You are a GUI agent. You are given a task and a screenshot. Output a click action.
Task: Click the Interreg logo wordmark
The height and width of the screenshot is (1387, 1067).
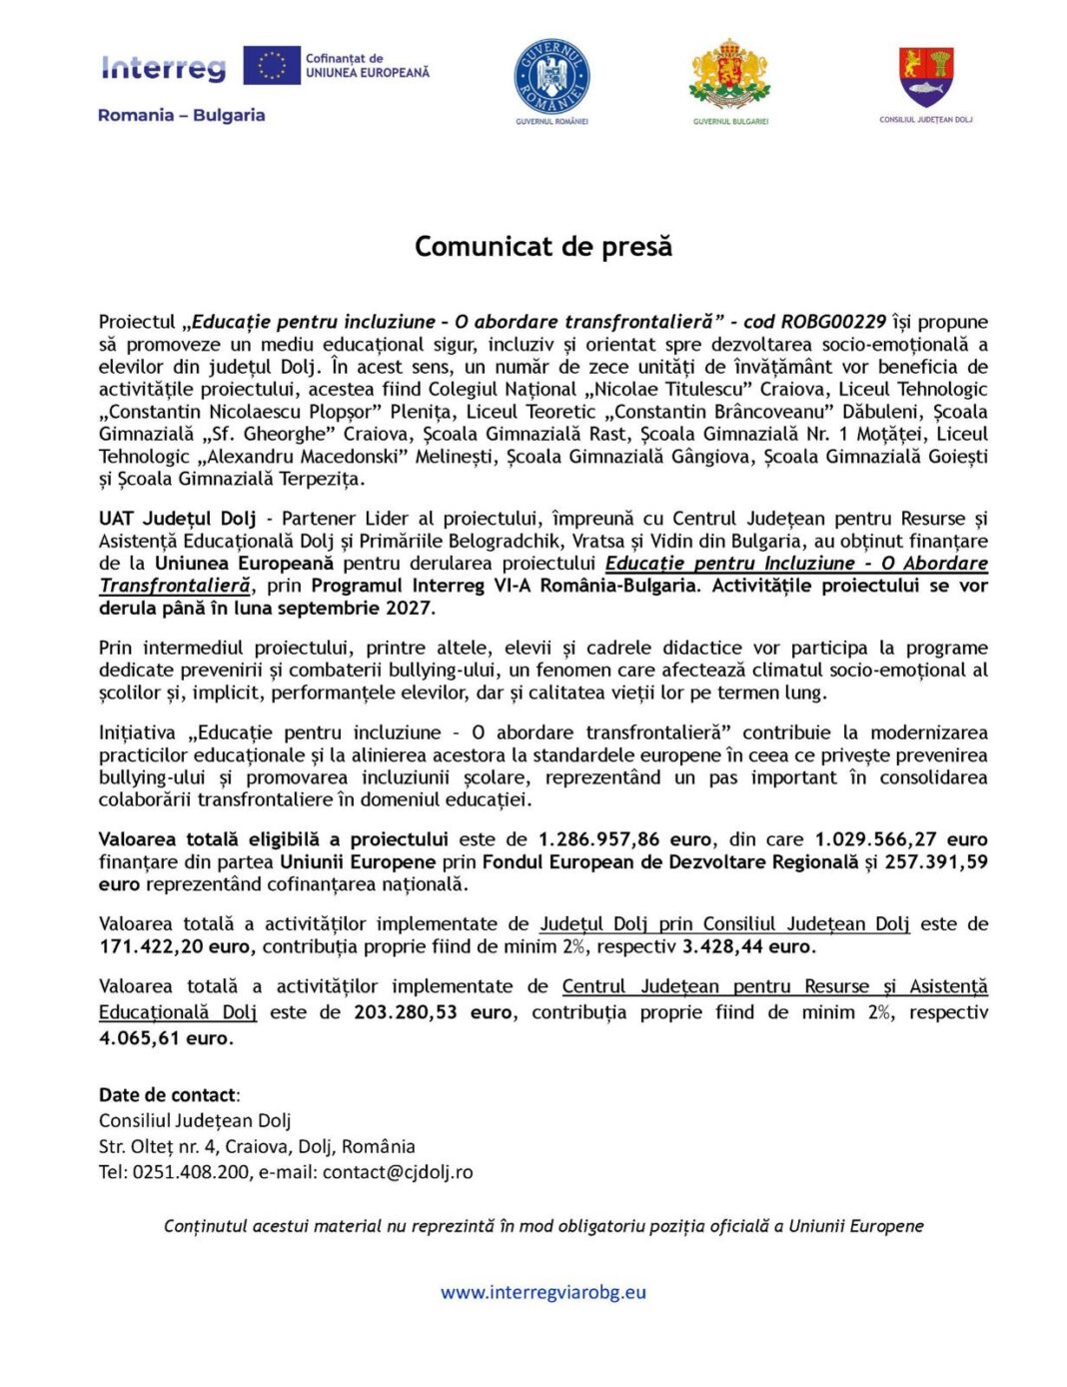[x=163, y=68]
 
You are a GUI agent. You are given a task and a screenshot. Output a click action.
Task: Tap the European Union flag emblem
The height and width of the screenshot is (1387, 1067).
[x=271, y=66]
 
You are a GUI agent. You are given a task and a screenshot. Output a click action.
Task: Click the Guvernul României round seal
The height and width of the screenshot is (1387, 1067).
[x=551, y=78]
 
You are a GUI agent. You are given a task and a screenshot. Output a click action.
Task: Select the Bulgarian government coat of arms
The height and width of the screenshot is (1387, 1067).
[x=730, y=76]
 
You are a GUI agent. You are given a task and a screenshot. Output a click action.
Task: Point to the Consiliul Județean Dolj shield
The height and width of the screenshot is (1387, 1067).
[x=925, y=77]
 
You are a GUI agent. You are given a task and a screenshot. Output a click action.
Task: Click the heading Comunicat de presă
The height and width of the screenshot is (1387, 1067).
[x=542, y=247]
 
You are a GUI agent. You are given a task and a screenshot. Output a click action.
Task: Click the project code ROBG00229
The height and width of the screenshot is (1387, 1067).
[x=833, y=322]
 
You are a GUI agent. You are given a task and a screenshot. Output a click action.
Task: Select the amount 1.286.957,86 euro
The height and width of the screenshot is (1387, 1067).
[x=624, y=839]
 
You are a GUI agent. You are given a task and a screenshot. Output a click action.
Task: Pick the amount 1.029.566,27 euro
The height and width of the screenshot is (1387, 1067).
[x=901, y=839]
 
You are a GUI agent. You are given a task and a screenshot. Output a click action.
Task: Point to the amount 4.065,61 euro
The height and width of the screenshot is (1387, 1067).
[x=166, y=1038]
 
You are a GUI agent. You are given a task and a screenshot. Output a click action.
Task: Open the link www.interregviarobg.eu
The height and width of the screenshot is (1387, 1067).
[x=542, y=1292]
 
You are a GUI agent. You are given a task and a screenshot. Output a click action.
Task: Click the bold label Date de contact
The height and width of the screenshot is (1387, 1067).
[x=168, y=1095]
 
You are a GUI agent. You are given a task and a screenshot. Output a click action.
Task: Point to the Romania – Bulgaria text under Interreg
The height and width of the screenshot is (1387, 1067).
[x=181, y=115]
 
